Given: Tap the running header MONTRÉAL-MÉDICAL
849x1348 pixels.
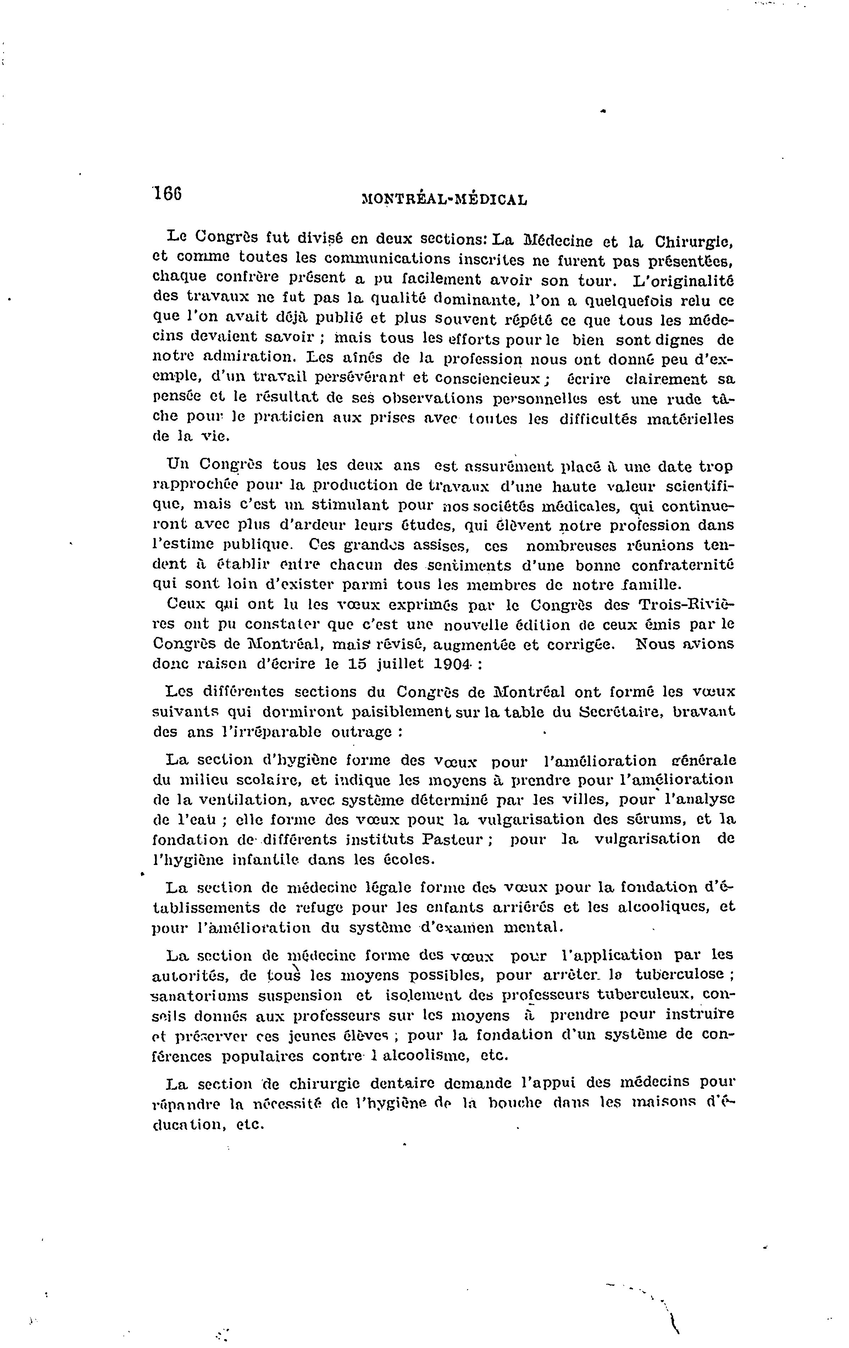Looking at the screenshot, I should point(445,199).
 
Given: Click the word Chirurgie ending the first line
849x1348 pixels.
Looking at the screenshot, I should point(693,242).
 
